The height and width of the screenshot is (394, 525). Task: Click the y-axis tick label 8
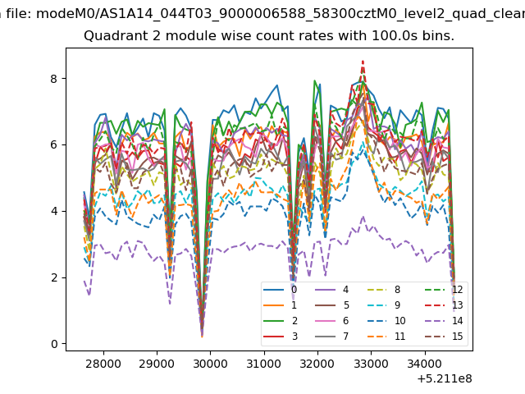point(54,79)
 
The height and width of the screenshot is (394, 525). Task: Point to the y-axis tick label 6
point(54,145)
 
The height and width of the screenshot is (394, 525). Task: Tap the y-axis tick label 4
point(54,212)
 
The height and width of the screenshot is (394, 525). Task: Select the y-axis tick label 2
point(54,277)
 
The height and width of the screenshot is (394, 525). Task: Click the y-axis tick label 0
point(54,344)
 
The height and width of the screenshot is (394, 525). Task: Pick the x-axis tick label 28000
point(103,364)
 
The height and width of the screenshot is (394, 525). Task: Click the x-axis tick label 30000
point(211,364)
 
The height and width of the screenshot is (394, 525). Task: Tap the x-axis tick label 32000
point(317,364)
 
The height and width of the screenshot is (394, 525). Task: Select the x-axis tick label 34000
point(425,364)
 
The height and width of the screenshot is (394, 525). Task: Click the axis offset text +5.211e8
point(445,378)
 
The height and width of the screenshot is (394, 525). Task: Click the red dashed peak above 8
point(363,62)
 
